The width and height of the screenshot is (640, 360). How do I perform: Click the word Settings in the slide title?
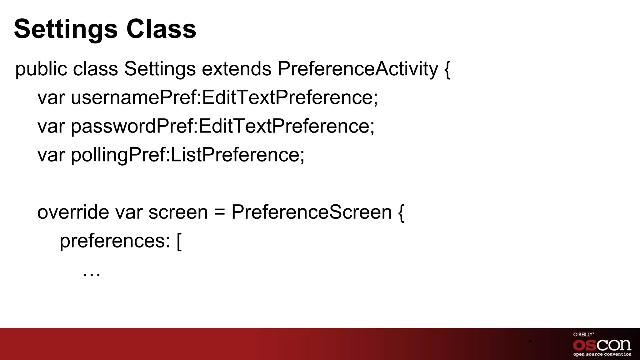point(66,29)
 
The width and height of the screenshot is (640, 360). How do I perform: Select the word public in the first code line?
point(41,69)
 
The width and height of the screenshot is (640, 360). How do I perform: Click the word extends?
point(237,69)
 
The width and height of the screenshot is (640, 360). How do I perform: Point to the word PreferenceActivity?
point(357,69)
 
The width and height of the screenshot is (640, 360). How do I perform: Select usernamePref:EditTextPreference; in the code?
point(224,97)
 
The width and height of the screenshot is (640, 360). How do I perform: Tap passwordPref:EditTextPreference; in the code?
point(222,126)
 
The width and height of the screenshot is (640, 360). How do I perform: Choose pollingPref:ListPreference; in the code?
point(187,155)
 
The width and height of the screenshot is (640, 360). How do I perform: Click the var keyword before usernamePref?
point(51,97)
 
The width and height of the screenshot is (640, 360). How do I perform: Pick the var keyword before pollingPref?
point(51,155)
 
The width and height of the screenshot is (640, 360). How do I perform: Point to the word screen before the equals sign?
point(178,212)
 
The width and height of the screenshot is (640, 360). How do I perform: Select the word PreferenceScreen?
point(311,212)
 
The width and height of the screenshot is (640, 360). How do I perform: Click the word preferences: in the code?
point(115,241)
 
